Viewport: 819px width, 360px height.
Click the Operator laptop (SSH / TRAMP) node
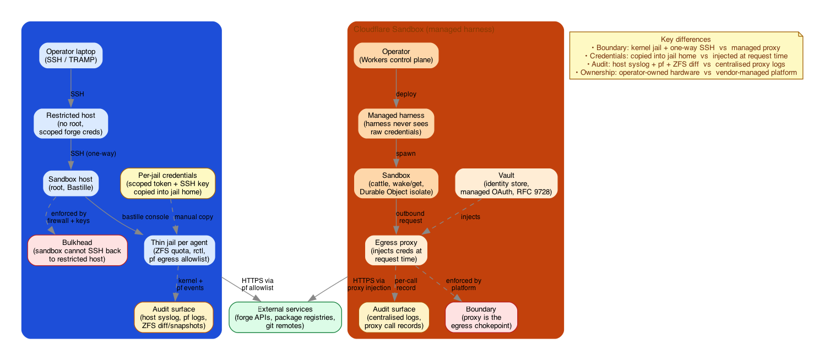coord(70,55)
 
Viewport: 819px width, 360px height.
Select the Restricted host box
coord(70,123)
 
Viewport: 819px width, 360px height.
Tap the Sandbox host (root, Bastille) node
coord(70,183)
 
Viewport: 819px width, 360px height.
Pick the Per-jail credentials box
coord(167,183)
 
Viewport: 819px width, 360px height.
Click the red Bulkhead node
coord(77,250)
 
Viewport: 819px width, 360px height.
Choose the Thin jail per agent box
coord(179,250)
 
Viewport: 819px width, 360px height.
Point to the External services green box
coord(285,318)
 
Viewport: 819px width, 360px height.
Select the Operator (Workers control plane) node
coord(396,55)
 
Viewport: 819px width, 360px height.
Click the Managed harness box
coord(396,123)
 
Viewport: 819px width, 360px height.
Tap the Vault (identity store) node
coord(506,183)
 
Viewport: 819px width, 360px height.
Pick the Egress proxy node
coord(396,250)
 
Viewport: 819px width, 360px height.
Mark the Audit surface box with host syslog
coord(173,318)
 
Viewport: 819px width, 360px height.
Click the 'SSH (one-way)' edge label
coord(93,154)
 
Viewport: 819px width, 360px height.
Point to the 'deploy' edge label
coord(406,94)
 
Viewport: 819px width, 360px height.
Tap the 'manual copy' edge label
coord(193,217)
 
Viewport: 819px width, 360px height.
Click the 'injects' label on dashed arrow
coord(470,217)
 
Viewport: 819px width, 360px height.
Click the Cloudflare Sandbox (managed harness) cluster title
coord(424,29)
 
